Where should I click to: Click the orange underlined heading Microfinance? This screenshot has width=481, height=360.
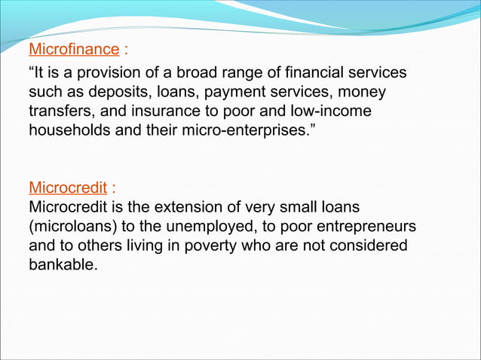coord(74,50)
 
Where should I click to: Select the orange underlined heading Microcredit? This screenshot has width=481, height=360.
coord(66,187)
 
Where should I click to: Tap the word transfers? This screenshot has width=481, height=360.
coord(58,111)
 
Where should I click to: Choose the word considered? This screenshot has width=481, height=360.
coord(364,246)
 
